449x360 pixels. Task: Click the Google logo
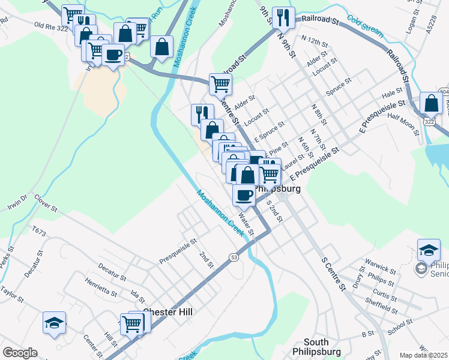20,353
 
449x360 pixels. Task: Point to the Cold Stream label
365,27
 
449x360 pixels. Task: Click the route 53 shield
234,256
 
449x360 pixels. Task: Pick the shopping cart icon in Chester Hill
131,324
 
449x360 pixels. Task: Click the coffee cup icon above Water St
244,194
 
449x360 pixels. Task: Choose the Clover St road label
46,203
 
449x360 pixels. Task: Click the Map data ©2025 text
424,355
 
